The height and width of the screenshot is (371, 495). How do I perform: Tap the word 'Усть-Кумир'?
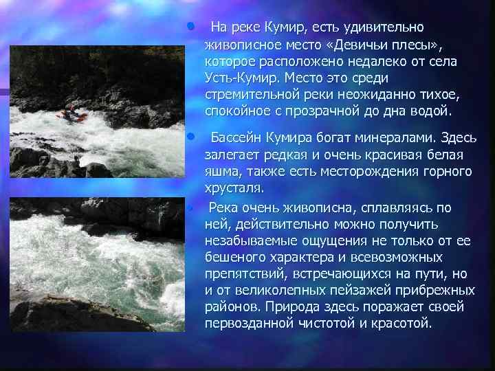(234, 78)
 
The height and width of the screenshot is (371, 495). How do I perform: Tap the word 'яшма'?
(221, 171)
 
